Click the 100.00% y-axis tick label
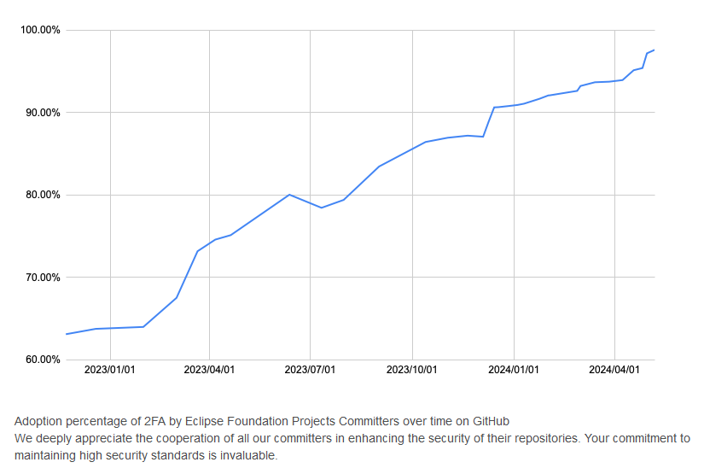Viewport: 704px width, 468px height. pyautogui.click(x=39, y=31)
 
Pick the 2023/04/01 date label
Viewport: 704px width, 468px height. pyautogui.click(x=209, y=370)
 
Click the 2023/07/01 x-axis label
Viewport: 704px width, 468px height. pyautogui.click(x=310, y=370)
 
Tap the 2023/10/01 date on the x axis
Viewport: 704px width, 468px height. pyautogui.click(x=412, y=370)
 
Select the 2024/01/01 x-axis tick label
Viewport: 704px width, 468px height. pyautogui.click(x=514, y=370)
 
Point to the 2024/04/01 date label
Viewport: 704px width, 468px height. pyautogui.click(x=614, y=370)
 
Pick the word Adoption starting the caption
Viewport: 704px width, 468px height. pyautogui.click(x=38, y=421)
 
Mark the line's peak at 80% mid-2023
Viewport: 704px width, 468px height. pyautogui.click(x=290, y=195)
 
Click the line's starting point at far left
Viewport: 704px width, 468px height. pyautogui.click(x=67, y=334)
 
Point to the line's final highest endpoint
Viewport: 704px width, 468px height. pyautogui.click(x=654, y=50)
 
